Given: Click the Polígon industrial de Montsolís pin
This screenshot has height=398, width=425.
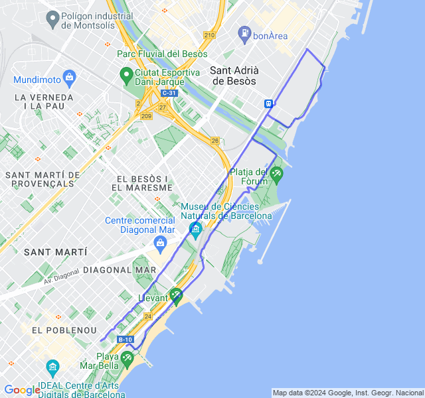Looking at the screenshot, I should (x=52, y=20).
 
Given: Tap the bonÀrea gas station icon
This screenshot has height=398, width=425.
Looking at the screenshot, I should (x=245, y=32).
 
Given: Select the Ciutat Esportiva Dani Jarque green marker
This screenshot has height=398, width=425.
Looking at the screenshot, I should (x=125, y=74).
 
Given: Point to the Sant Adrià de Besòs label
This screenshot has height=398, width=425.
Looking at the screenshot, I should (x=234, y=76).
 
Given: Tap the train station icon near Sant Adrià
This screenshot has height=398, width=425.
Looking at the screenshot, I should (x=269, y=103).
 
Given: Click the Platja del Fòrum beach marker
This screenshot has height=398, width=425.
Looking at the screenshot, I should (x=276, y=174).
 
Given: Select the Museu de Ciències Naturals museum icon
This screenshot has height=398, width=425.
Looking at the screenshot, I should (x=195, y=230).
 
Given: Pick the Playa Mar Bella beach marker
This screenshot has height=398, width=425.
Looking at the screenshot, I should (x=127, y=358).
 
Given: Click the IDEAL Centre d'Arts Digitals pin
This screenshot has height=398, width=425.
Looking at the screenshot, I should (x=52, y=367).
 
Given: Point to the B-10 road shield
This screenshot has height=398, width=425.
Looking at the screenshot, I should (x=126, y=340).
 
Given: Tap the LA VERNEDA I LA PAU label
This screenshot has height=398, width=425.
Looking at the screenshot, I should (x=43, y=101).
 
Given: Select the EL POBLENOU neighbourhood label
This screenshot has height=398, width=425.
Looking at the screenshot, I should (x=64, y=330).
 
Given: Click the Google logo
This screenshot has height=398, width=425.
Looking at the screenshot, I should (x=22, y=390).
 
